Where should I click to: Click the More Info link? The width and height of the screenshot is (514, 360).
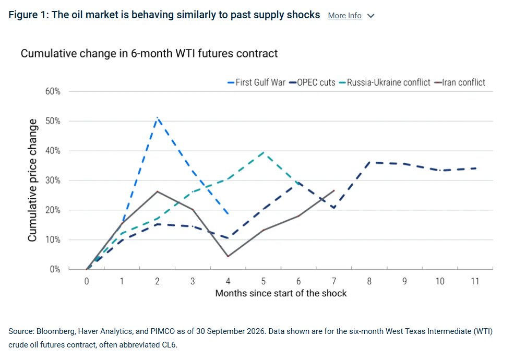tap(344, 16)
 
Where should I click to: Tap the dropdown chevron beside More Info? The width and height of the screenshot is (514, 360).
tap(370, 16)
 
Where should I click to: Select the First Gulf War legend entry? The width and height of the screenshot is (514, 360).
tap(256, 82)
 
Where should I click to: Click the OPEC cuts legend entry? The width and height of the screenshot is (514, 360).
tap(313, 82)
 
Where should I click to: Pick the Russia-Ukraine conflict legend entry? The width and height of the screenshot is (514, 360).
tap(385, 82)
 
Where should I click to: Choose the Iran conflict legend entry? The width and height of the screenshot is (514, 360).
tap(460, 82)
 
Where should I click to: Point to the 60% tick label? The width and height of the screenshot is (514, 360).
tap(53, 91)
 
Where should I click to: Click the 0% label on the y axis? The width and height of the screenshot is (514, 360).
tap(55, 269)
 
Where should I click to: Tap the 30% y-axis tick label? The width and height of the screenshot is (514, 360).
tap(53, 181)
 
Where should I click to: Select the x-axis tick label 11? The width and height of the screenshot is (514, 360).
tap(475, 281)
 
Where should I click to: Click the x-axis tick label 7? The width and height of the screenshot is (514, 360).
tap(333, 281)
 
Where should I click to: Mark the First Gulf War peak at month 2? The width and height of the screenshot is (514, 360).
tap(158, 117)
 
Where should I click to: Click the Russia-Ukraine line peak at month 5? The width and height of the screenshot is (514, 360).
tap(264, 152)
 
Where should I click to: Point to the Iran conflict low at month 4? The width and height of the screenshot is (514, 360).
tap(228, 256)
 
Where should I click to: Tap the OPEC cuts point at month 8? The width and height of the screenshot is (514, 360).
tap(369, 162)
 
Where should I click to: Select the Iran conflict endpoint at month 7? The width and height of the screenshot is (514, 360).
tap(333, 190)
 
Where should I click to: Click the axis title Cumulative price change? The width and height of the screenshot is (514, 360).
tap(32, 181)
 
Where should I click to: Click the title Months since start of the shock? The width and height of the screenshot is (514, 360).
tap(281, 293)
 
